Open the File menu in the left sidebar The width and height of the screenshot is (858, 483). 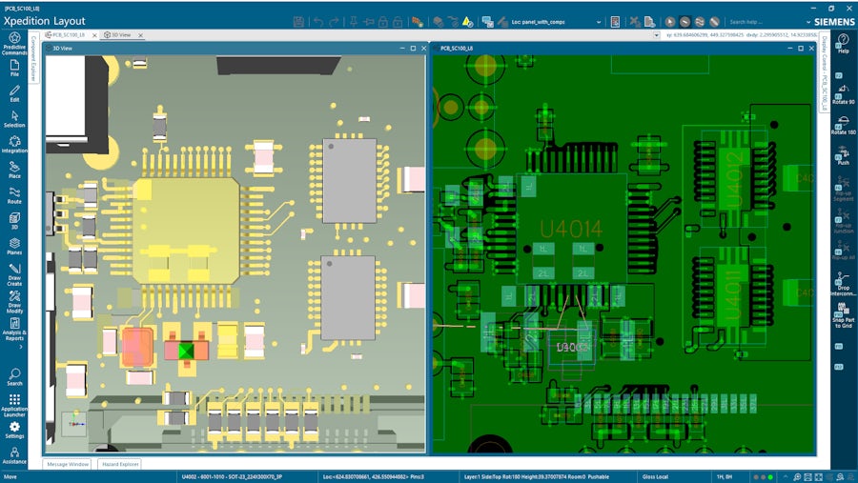pyautogui.click(x=14, y=67)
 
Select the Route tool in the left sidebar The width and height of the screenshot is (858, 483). pyautogui.click(x=14, y=194)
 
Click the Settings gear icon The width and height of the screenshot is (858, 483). pyautogui.click(x=14, y=428)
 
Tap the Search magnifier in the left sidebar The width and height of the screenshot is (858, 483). pyautogui.click(x=14, y=375)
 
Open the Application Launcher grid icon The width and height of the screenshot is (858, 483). pyautogui.click(x=14, y=402)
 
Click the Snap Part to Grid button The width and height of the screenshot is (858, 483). pyautogui.click(x=843, y=313)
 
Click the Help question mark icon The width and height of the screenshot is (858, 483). pyautogui.click(x=843, y=42)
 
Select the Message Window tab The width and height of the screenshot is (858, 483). pyautogui.click(x=67, y=464)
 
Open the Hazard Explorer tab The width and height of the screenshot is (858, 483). pyautogui.click(x=120, y=464)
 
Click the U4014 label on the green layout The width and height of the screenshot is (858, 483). pyautogui.click(x=571, y=229)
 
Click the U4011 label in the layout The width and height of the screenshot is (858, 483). pyautogui.click(x=732, y=294)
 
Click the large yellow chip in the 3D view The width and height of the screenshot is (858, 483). pyautogui.click(x=186, y=230)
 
